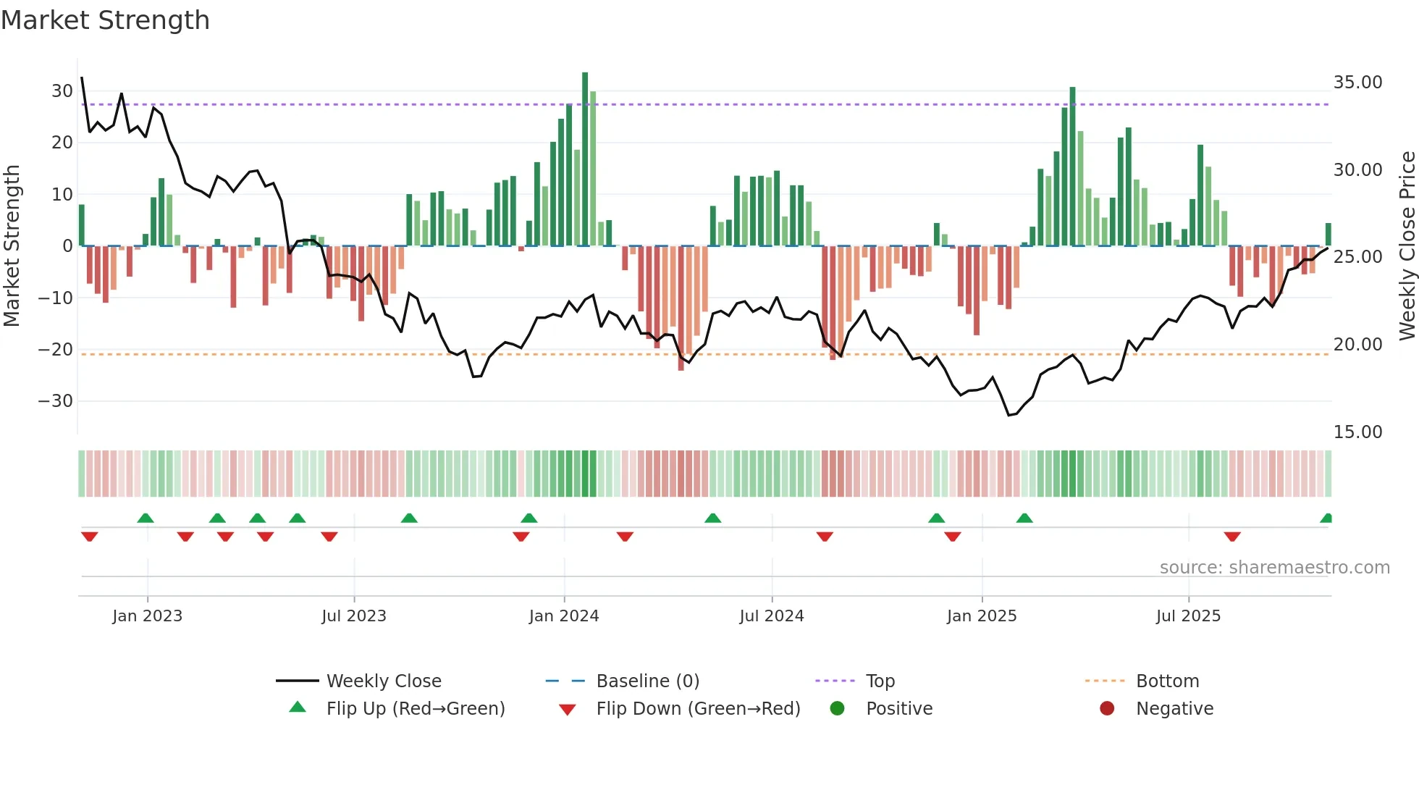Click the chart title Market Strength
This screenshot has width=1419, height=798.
point(105,20)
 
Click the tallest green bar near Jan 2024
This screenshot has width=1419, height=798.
point(585,159)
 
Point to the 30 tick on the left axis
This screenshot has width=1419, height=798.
point(62,91)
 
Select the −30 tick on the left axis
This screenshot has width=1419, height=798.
point(56,401)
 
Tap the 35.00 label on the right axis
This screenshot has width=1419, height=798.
point(1357,83)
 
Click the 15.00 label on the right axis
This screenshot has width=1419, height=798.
point(1357,432)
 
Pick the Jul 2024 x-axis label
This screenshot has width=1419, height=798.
point(772,616)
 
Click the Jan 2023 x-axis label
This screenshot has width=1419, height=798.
point(148,616)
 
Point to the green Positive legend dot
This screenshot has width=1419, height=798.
point(838,709)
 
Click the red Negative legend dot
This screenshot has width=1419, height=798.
point(1107,709)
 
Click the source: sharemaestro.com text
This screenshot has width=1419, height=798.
point(1274,568)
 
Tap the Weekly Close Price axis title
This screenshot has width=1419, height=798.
point(1407,246)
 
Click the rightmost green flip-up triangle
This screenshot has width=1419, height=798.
point(1326,518)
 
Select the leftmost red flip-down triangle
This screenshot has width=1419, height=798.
point(90,537)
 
